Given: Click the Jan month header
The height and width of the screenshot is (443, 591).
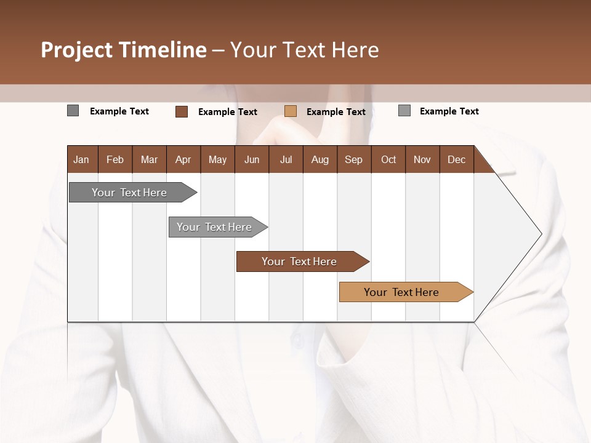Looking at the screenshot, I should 81,159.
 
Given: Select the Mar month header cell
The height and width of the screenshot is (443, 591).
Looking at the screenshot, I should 149,159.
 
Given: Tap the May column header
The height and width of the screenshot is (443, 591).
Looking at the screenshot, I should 217,159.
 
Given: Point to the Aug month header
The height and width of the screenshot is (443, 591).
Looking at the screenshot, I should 320,159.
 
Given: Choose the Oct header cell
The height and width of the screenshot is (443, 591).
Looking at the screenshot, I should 388,159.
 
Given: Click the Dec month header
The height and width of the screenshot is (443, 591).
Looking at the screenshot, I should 456,159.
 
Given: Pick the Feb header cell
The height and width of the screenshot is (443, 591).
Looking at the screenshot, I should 115,159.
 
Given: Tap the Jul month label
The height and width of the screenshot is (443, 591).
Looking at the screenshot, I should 286,159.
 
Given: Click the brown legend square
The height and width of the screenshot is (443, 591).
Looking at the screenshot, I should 182,111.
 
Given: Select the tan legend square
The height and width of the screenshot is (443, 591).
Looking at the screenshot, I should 291,111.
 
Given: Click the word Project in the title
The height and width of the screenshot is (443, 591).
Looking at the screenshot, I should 78,50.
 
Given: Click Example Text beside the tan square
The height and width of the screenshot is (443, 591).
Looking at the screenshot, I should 336,112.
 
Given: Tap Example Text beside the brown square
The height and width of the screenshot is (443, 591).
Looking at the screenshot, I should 228,112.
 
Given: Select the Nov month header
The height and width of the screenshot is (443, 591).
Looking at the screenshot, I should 422,159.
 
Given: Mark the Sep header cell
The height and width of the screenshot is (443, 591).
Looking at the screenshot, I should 353,159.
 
